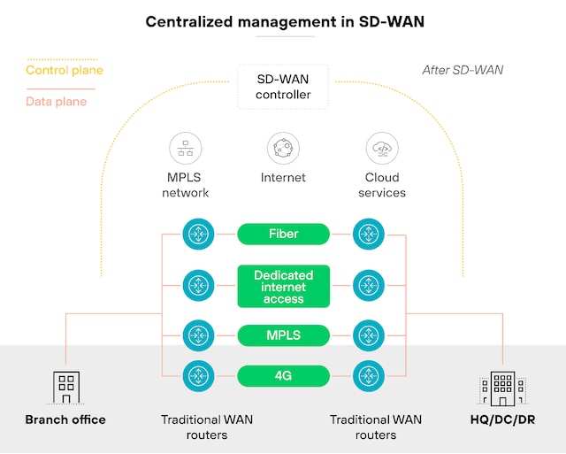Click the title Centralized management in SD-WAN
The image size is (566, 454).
[283, 21]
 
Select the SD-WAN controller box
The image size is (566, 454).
[283, 87]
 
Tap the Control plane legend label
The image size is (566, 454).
[64, 70]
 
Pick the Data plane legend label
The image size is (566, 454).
[57, 102]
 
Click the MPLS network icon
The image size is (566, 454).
[186, 148]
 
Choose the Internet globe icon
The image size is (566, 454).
[283, 148]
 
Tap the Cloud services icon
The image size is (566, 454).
[382, 148]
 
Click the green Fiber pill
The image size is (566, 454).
[283, 234]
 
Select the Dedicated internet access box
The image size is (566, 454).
[283, 287]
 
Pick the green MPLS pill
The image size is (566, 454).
[283, 335]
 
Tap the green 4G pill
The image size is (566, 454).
[283, 376]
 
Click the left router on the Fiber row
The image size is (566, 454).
[198, 235]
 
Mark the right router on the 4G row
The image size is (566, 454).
[368, 376]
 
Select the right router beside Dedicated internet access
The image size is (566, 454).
[368, 286]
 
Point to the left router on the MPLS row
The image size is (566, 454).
[198, 335]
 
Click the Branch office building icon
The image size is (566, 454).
[65, 387]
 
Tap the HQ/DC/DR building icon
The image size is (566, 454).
[502, 388]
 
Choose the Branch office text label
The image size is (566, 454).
[65, 419]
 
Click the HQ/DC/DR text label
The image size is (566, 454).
[502, 419]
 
